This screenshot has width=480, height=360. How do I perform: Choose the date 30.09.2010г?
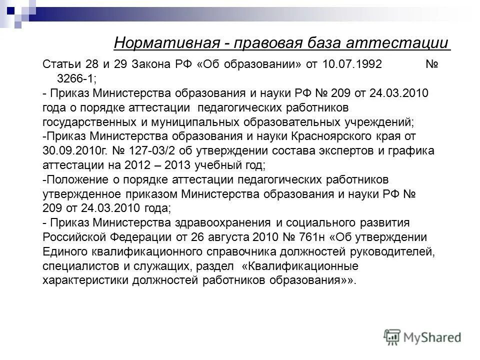click(70, 150)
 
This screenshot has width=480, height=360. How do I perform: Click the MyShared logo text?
click(432, 337)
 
